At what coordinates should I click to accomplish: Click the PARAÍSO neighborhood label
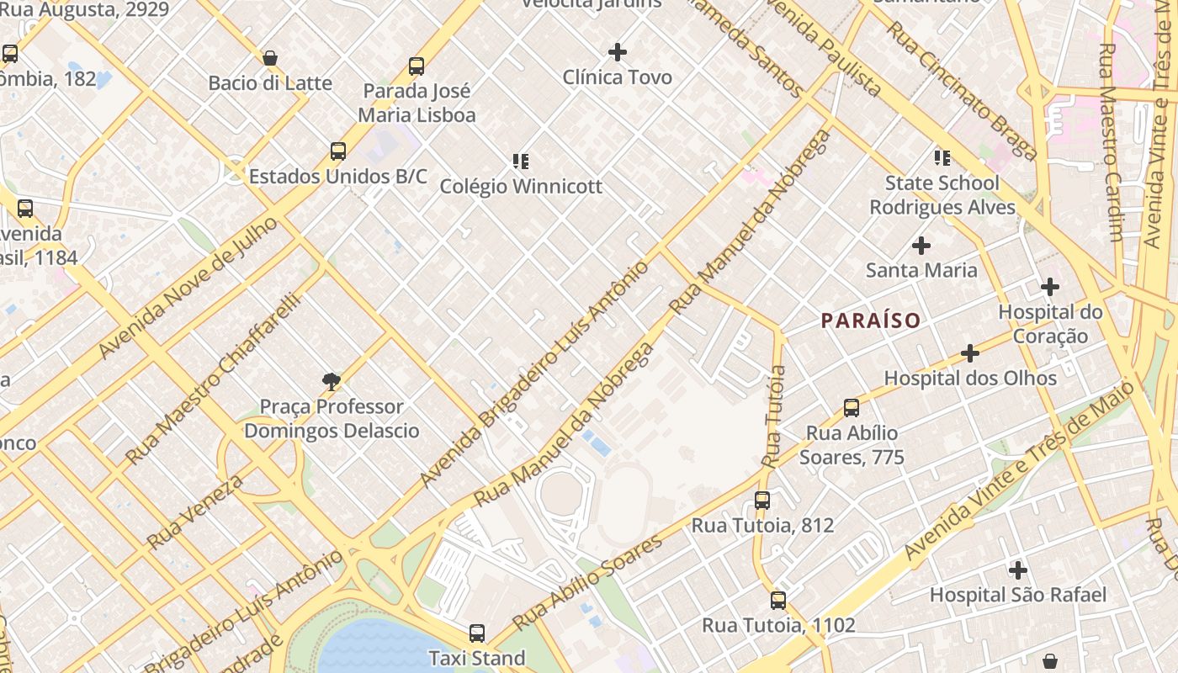point(870,321)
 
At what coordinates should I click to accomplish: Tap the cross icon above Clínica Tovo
point(618,52)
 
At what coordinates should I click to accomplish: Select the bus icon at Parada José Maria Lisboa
point(416,66)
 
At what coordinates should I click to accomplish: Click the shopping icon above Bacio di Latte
point(270,58)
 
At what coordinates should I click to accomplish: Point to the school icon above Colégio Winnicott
point(521,161)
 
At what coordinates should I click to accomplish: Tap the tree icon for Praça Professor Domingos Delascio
point(332,382)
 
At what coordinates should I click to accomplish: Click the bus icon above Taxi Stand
point(477,633)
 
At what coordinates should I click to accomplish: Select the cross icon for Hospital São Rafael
point(1018,570)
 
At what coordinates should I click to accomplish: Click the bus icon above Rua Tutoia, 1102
point(778,601)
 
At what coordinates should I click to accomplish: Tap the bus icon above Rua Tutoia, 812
point(762,501)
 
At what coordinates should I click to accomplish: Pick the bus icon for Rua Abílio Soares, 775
point(852,408)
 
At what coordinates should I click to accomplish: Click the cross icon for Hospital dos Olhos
point(970,353)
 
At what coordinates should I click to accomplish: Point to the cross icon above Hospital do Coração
point(1050,287)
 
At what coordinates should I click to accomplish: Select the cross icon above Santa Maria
point(921,246)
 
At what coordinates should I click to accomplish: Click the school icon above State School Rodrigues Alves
point(942,157)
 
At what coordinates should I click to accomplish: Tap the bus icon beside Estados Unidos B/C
point(338,151)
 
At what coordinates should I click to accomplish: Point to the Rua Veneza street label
point(195,511)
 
